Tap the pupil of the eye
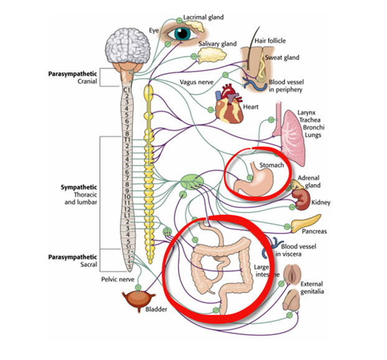182,34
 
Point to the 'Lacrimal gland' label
203,17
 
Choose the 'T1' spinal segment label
126,140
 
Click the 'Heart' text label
251,107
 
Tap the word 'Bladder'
156,309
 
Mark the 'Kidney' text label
321,202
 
